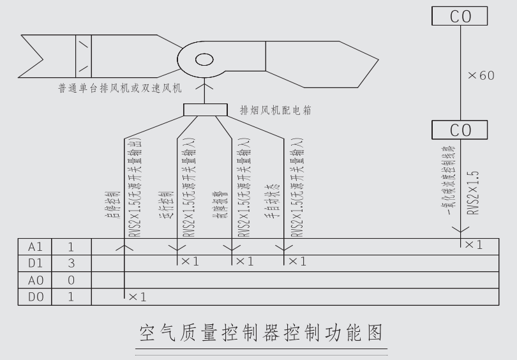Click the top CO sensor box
pos(461,16)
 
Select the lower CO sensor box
pos(461,130)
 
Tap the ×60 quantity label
pos(481,75)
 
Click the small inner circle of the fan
pos(204,60)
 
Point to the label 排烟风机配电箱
pos(276,110)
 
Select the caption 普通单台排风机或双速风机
pos(120,87)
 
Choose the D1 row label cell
pos(34,262)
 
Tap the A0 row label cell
pos(34,280)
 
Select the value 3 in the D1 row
pos(71,262)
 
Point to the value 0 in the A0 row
pos(71,280)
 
